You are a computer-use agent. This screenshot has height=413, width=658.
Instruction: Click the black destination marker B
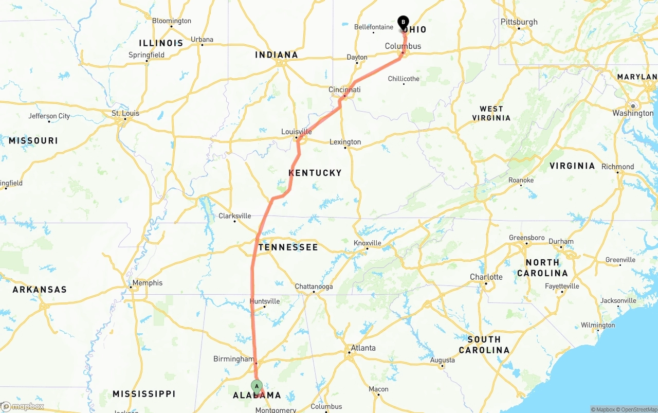(403, 22)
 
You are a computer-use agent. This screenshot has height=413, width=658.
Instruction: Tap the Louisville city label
(297, 132)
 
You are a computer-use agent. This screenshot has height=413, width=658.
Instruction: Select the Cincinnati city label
(344, 90)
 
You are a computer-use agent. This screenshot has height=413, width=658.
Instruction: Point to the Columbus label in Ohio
(403, 46)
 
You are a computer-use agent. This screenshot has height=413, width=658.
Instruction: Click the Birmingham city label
(233, 359)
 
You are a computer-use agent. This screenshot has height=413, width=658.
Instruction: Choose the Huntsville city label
(264, 301)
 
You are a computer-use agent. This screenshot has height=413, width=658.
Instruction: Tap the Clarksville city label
(234, 216)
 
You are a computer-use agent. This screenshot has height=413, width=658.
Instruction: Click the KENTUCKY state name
(315, 173)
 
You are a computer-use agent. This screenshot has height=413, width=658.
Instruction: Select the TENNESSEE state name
(288, 247)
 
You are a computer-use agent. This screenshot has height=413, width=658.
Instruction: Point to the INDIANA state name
(277, 55)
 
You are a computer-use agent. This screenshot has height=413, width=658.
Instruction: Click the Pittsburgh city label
(519, 22)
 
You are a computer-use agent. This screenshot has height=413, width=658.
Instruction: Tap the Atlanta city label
(363, 348)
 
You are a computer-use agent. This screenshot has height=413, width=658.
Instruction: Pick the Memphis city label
(147, 283)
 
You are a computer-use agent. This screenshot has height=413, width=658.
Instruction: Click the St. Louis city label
(125, 114)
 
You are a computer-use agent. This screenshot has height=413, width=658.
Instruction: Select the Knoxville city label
(368, 243)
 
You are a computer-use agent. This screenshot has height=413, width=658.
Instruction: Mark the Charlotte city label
(486, 277)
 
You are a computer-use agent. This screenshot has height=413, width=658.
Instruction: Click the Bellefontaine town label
(374, 27)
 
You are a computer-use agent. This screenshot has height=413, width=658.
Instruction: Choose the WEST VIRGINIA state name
(491, 113)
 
